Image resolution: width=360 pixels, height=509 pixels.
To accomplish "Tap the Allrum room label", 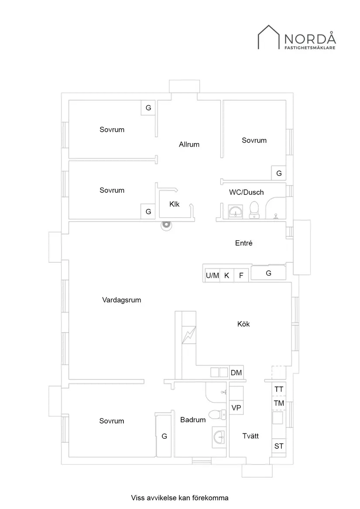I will click(x=189, y=144).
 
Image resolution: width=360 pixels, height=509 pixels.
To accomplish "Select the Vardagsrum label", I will click(x=122, y=300).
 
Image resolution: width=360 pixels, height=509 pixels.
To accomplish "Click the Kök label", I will click(x=244, y=324).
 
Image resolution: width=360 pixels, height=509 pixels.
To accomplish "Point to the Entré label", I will click(x=244, y=243).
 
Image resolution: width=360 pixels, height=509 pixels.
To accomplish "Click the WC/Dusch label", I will click(x=247, y=192).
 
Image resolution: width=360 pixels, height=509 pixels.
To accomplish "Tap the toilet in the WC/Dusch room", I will click(x=254, y=210).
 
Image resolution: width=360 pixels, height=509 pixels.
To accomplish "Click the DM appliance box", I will click(x=236, y=373).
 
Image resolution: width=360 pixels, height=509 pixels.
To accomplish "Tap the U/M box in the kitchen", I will click(x=213, y=275).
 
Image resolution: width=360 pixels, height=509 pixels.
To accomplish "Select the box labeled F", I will click(x=241, y=275).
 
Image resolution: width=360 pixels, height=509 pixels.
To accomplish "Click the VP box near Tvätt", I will click(x=236, y=407).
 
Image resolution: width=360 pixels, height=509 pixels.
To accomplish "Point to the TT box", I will click(x=279, y=389).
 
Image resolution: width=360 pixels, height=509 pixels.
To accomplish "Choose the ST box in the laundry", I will click(x=279, y=446).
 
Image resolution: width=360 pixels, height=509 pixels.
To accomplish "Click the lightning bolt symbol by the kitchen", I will click(x=189, y=335).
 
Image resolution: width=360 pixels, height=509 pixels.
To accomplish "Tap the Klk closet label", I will click(x=175, y=203).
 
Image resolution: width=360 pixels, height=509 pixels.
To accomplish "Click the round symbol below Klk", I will click(x=166, y=225).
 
